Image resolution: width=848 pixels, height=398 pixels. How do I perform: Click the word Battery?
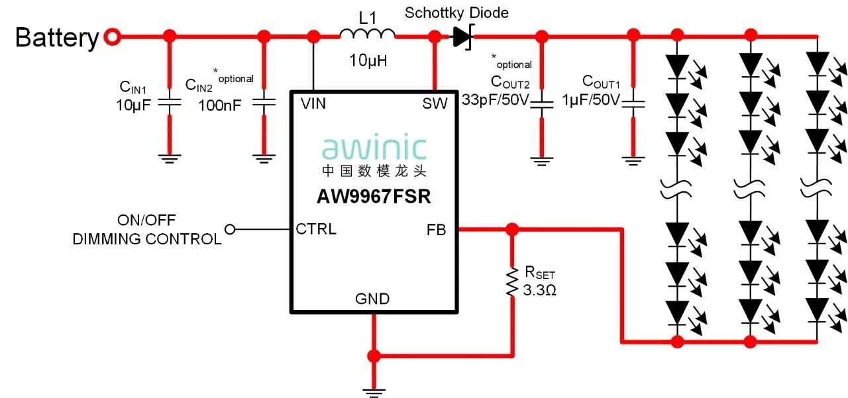tap(56, 38)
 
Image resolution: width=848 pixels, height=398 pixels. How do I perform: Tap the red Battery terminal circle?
tap(113, 37)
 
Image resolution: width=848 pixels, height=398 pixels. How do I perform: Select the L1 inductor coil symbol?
tap(368, 34)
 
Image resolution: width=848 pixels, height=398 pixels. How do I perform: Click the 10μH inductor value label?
tap(368, 62)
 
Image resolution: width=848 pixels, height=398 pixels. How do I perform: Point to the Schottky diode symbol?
tap(462, 37)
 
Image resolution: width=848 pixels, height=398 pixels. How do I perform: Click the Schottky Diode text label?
tap(457, 13)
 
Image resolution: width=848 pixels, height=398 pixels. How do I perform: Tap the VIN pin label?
tap(313, 103)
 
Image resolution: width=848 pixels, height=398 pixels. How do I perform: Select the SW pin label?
tap(435, 103)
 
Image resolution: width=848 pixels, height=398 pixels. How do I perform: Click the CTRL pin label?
tap(316, 230)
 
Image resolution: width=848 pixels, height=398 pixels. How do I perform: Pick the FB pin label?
tap(437, 230)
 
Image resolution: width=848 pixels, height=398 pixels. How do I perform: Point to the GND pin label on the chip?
tap(372, 299)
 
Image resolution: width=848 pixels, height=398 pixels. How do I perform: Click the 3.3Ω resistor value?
tap(540, 290)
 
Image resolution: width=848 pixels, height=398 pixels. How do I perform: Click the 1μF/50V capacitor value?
tap(592, 101)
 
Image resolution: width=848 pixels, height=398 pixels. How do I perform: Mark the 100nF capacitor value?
tap(219, 104)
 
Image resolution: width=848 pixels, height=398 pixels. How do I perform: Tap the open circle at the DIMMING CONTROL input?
tap(230, 229)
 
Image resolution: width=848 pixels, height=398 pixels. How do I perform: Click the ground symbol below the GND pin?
tap(374, 393)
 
